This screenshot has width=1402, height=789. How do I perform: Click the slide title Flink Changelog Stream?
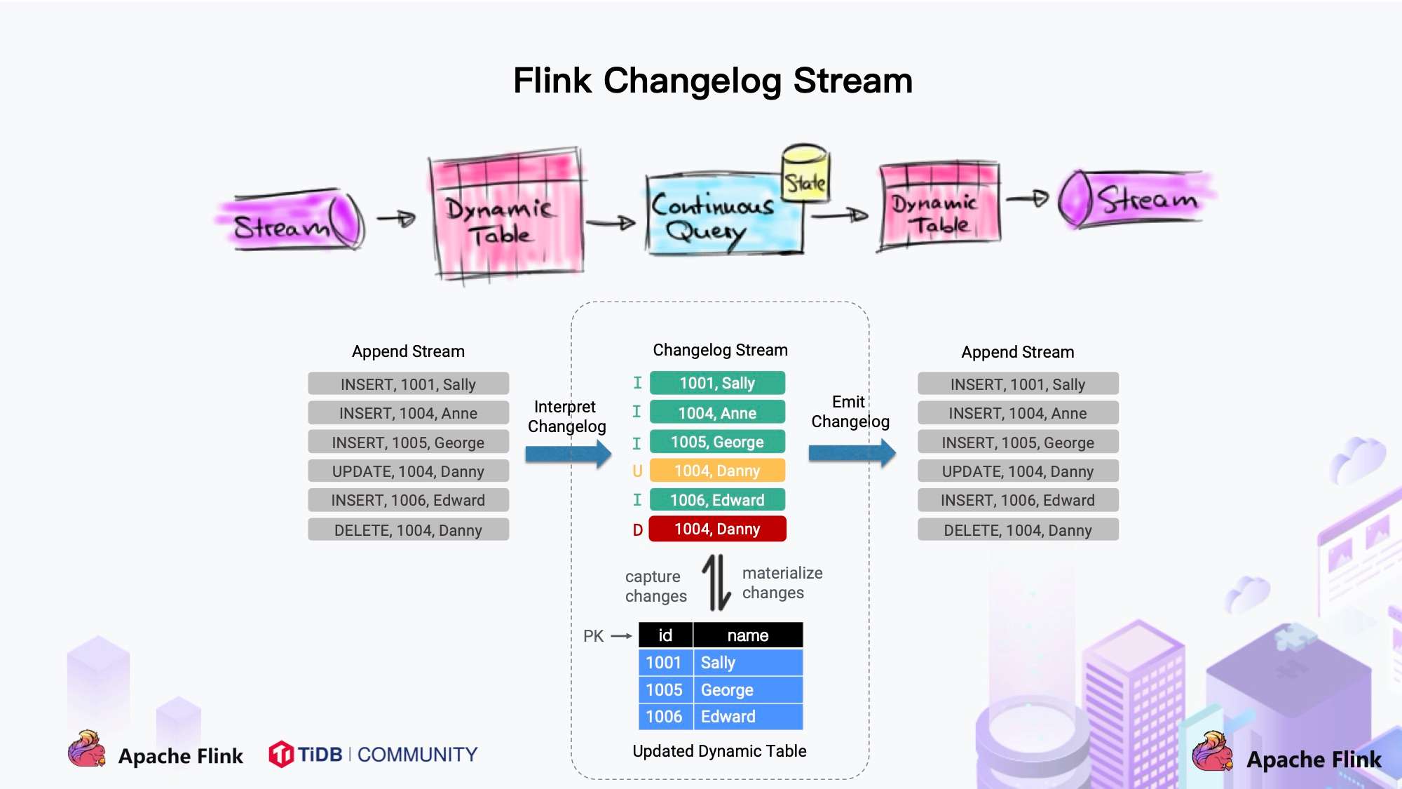click(712, 81)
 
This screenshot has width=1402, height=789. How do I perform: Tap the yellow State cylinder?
click(805, 174)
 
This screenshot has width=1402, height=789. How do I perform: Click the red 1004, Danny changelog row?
click(717, 529)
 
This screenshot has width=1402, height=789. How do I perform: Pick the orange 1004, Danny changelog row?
click(717, 471)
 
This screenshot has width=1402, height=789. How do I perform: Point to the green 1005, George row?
click(717, 442)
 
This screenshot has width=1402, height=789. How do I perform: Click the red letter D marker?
click(637, 530)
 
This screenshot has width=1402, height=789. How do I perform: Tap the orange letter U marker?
click(637, 471)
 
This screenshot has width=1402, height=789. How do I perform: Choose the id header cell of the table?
click(665, 635)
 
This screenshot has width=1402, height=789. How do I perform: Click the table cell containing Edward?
click(747, 717)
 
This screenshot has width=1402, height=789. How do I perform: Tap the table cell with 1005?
click(665, 690)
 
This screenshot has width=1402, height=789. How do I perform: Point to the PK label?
click(593, 636)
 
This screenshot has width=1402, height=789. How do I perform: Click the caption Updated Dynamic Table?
click(719, 751)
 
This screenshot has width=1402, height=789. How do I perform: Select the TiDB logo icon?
click(281, 755)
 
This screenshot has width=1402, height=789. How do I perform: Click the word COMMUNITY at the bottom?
click(417, 755)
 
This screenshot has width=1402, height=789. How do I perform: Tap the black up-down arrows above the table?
click(716, 582)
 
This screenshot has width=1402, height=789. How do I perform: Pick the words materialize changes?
click(782, 583)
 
